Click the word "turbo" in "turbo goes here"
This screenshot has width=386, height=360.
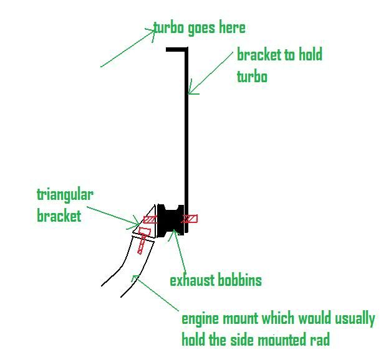[170, 28]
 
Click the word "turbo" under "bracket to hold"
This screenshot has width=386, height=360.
[252, 77]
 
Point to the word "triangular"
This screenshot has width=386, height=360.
[65, 194]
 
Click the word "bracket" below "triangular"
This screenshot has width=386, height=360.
[59, 216]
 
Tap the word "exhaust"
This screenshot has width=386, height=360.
[192, 280]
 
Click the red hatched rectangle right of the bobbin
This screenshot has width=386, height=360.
[190, 219]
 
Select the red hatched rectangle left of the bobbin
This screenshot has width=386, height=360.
[150, 219]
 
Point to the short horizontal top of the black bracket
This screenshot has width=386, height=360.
[176, 49]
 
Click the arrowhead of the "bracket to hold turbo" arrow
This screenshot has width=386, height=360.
[190, 92]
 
